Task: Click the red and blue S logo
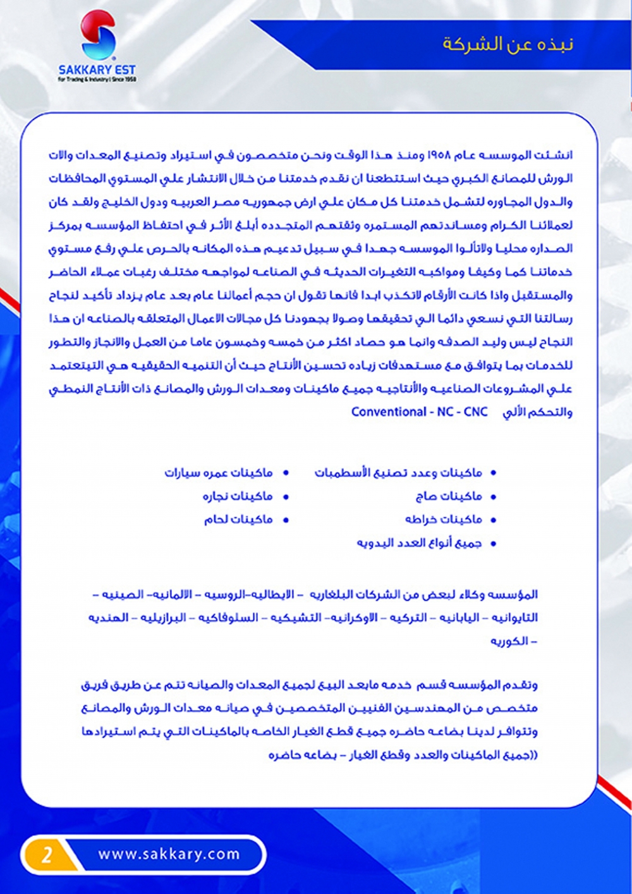[x=98, y=36]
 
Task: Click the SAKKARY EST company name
[x=97, y=70]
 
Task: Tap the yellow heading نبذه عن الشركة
[x=507, y=44]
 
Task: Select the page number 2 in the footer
[x=47, y=855]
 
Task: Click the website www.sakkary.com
[x=169, y=854]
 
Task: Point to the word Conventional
[x=389, y=412]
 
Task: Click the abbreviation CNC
[x=476, y=412]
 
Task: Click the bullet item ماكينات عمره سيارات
[x=219, y=473]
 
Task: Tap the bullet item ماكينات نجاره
[x=238, y=496]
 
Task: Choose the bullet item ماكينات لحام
[x=238, y=520]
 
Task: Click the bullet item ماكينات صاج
[x=449, y=496]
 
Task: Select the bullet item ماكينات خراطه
[x=444, y=520]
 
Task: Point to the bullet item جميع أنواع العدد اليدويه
[x=419, y=543]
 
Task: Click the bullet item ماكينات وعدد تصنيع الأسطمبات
[x=398, y=473]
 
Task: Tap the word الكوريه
[x=509, y=641]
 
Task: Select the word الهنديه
[x=108, y=618]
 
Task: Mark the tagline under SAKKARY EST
[x=97, y=80]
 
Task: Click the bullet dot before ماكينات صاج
[x=494, y=497]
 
